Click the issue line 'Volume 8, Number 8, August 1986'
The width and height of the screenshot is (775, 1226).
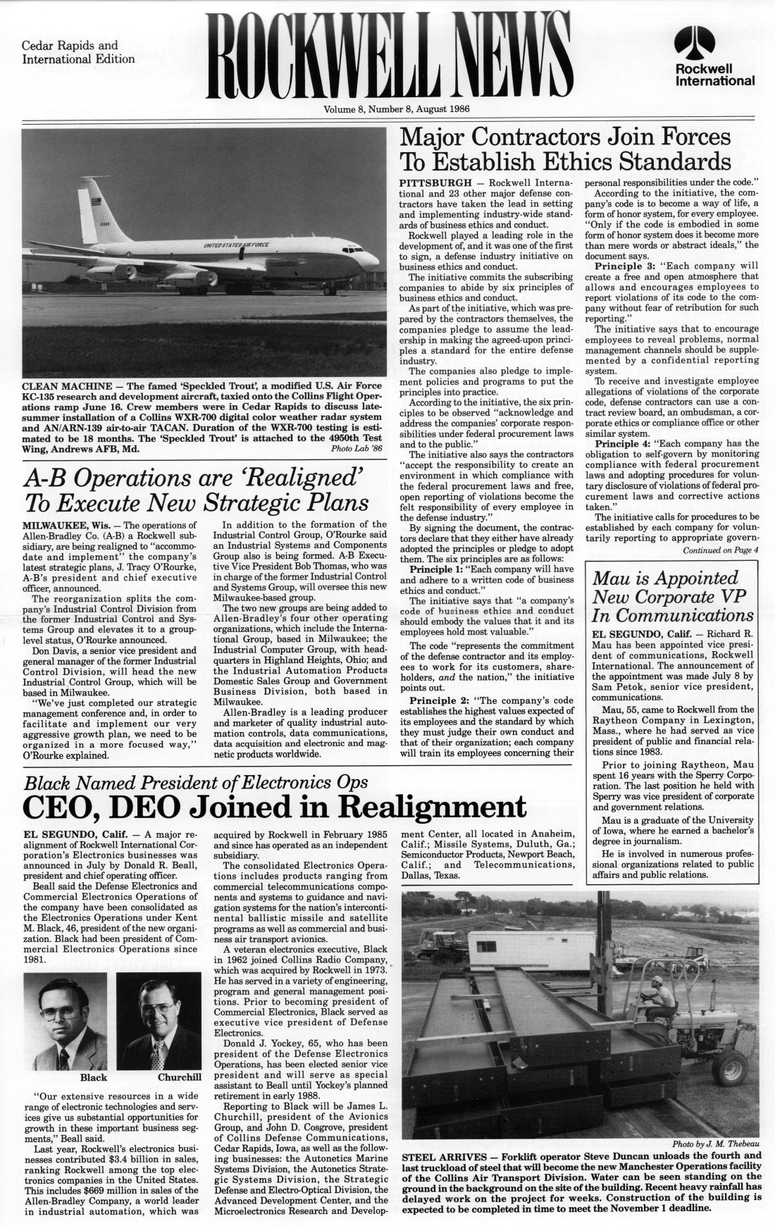397,109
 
